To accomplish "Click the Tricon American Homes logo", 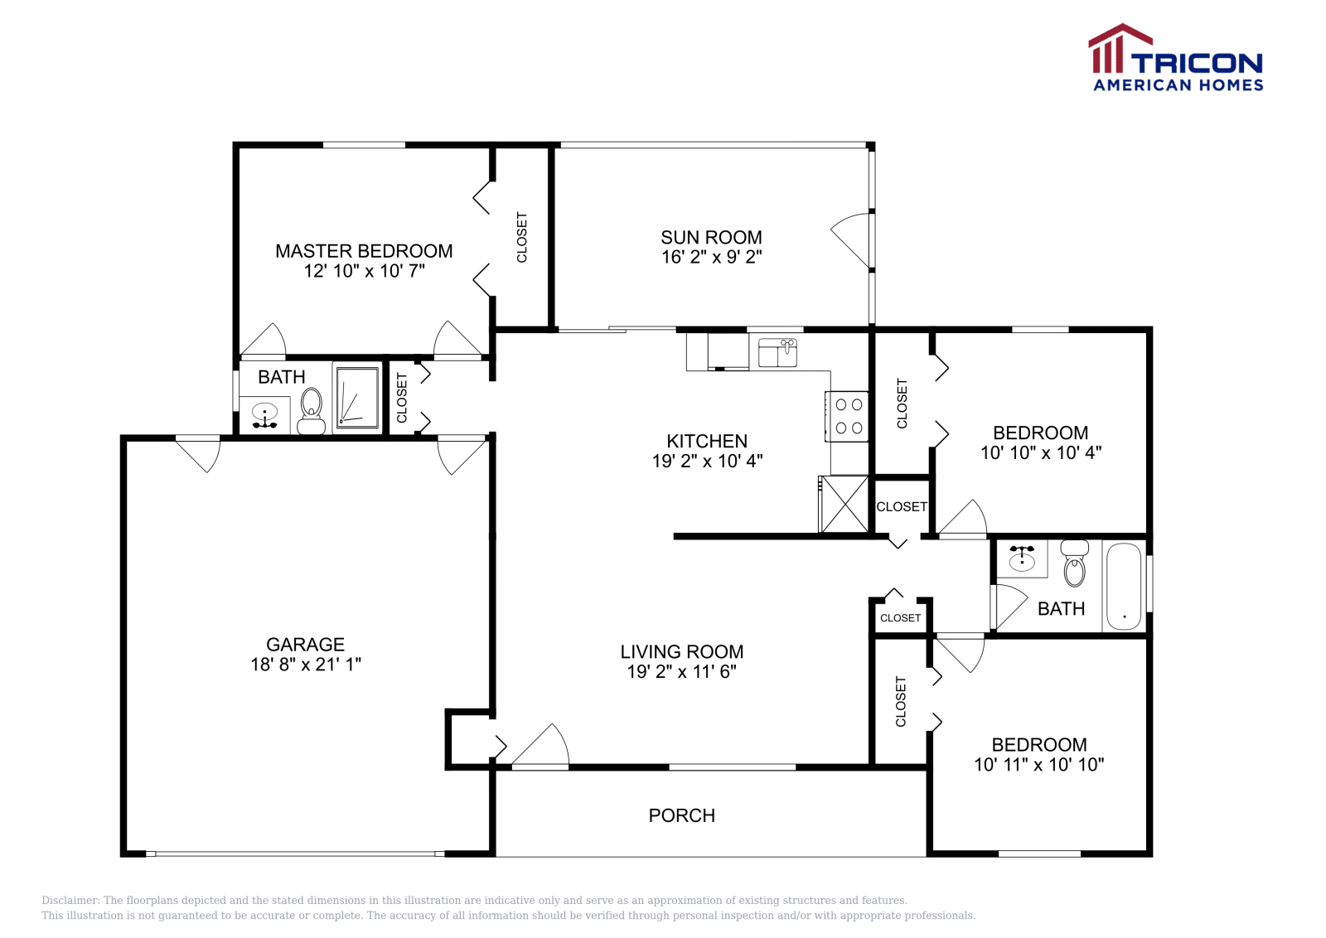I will (1175, 58).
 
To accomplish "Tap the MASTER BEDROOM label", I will (364, 251).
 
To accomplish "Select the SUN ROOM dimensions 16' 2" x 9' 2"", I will (711, 258).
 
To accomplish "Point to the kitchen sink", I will (777, 353).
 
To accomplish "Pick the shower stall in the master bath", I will (357, 398).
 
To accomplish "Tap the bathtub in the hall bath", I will (1124, 587).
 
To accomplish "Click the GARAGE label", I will (305, 644).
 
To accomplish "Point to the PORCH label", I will (681, 815).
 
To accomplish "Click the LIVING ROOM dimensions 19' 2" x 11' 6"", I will (681, 672).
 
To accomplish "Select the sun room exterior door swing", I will (851, 240).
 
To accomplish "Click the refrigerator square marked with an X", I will (844, 504).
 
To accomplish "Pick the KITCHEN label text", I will (707, 441).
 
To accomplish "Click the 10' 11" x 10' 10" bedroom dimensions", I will (1038, 765).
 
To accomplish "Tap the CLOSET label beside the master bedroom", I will (522, 238).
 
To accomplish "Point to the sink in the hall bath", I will (1022, 559).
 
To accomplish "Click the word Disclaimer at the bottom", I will (70, 900).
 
